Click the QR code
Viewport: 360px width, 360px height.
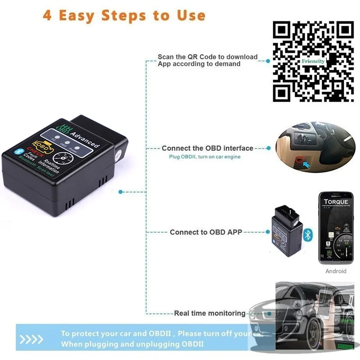point(314,62)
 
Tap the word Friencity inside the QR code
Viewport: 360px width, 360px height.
point(313,61)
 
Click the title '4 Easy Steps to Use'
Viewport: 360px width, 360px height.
point(124,15)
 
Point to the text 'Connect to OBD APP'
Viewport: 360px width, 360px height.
point(206,232)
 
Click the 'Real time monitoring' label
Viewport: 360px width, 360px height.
point(210,313)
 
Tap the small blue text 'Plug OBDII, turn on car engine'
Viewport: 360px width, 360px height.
point(205,157)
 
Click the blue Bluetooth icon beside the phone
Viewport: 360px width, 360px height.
point(308,234)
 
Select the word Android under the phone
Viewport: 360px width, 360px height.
point(336,271)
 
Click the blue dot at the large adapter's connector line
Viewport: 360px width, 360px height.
point(120,192)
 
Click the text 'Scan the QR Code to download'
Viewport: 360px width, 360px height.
point(207,57)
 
